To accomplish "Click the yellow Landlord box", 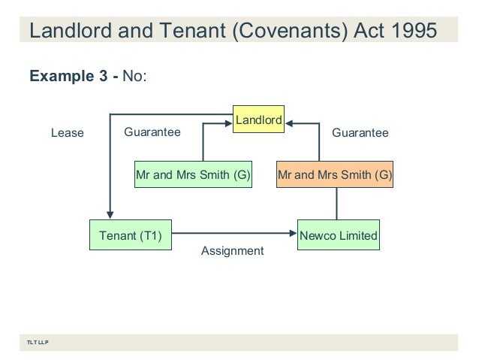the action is click(x=258, y=120).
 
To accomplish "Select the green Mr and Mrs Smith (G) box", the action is click(x=193, y=176).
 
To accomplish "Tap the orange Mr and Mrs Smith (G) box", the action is click(x=335, y=176).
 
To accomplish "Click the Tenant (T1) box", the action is click(x=130, y=235).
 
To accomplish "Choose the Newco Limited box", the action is click(x=339, y=235).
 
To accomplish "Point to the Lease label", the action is click(x=67, y=133).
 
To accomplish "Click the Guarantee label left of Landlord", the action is click(x=152, y=132).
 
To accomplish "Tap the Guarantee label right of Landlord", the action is click(x=360, y=132).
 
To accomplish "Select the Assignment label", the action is click(x=232, y=251).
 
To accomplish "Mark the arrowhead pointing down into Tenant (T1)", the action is click(x=110, y=215).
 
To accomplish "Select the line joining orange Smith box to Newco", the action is click(x=337, y=203).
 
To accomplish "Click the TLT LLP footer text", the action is click(x=37, y=343).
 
